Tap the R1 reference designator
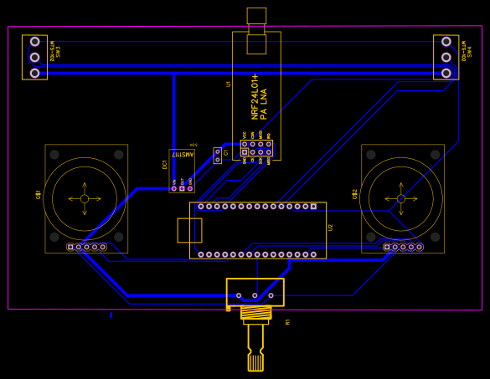coord(287,321)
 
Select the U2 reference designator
coord(330,227)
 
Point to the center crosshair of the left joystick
coord(85,198)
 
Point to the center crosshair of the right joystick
coord(401,198)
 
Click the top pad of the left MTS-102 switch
coord(34,41)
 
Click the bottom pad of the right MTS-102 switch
coord(446,73)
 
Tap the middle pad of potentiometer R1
coord(255,295)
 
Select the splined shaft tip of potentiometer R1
coord(255,362)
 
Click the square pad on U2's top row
coord(313,206)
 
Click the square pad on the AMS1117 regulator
coord(182,188)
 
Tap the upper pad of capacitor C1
coord(218,152)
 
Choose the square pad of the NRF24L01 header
coord(245,152)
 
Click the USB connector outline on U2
coord(189,230)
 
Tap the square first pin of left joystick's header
coord(70,247)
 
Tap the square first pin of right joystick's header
coord(387,247)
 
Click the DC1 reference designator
coord(165,164)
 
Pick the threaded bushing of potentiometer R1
coord(255,313)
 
